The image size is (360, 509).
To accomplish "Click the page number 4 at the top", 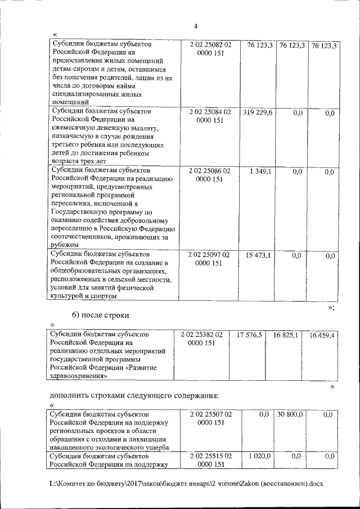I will coord(195,26).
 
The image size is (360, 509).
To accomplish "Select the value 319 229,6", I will coord(258,112).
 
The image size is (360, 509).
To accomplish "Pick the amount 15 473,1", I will coord(258,255).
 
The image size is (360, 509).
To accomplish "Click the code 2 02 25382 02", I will coord(202,335).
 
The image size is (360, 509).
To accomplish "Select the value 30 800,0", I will coord(290,415).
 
